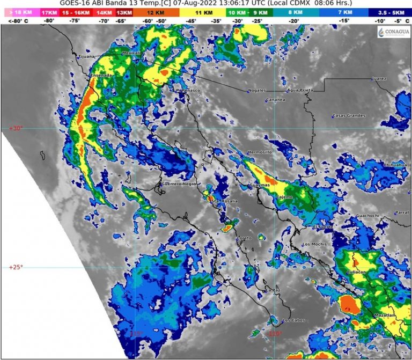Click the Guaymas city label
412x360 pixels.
tap(260, 185)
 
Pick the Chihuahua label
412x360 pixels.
tap(395, 165)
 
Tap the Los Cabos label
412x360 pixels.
tap(293, 321)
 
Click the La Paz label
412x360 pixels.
tap(273, 290)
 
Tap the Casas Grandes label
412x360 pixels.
tap(349, 116)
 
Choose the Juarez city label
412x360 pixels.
tap(379, 79)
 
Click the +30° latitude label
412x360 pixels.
tap(16, 128)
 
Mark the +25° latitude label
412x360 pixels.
tap(16, 267)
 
